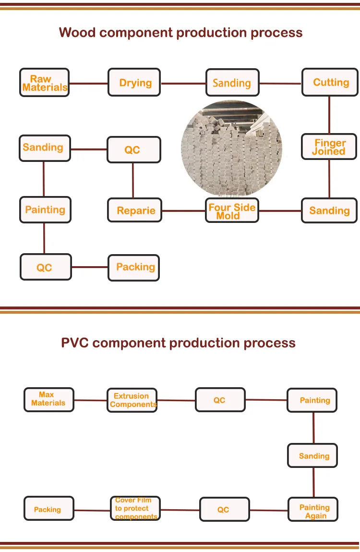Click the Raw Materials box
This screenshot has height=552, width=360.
tap(44, 83)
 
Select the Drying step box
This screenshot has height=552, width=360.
tap(134, 83)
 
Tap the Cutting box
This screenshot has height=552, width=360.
tap(330, 82)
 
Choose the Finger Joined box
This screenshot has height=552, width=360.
tap(329, 147)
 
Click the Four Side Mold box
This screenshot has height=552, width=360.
tap(232, 210)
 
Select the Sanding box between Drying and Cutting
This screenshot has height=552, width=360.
tap(232, 83)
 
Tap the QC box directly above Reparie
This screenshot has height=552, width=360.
tap(133, 150)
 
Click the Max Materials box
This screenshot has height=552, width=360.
tap(48, 400)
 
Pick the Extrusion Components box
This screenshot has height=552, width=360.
tap(132, 400)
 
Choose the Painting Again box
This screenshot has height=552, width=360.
tap(313, 510)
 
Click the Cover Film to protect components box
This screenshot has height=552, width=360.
tap(134, 509)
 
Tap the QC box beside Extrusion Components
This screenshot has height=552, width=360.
tap(220, 400)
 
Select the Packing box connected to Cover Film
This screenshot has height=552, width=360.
tap(48, 509)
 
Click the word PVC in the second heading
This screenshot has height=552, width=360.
tap(75, 343)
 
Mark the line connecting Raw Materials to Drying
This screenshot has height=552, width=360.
tap(88, 83)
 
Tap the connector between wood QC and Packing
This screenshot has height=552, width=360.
tap(90, 267)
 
